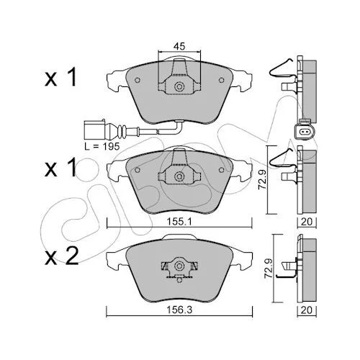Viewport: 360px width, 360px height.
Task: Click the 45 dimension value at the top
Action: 179,46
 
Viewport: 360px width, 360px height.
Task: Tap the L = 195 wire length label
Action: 102,146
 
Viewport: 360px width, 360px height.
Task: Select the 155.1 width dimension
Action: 179,222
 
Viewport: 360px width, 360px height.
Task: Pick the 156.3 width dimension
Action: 179,310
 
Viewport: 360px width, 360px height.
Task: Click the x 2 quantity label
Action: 62,256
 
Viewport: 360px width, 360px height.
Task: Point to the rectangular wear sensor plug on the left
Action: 94,130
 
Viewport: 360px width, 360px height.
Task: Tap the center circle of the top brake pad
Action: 179,86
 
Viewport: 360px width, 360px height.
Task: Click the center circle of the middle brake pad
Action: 179,176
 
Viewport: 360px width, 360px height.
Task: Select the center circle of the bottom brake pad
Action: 179,266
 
